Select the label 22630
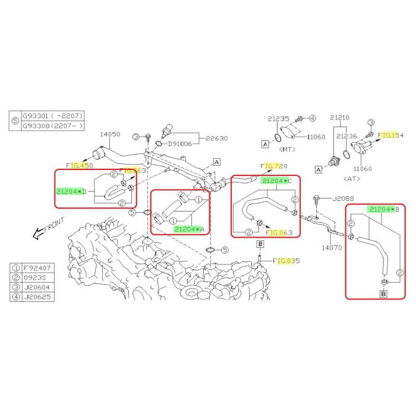[218, 138]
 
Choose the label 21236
[346, 136]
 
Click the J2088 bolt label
[343, 198]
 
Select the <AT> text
[354, 177]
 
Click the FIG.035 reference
[288, 260]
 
